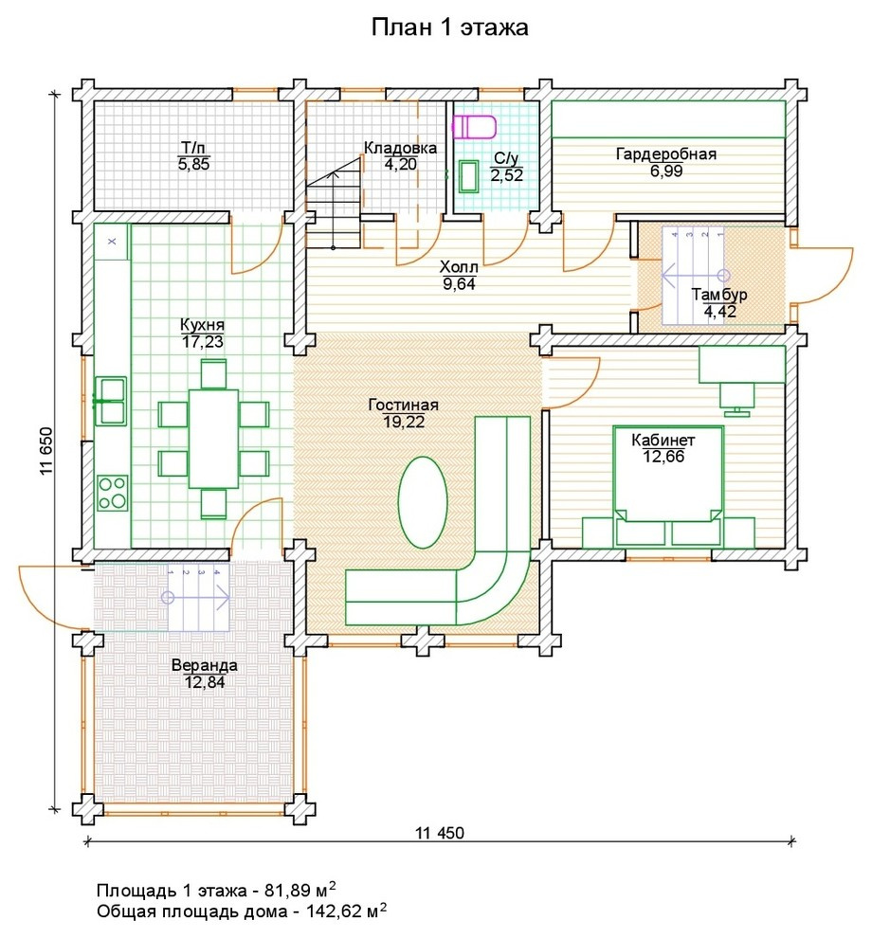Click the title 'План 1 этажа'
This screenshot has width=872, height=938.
449,27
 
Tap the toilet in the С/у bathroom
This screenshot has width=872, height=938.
474,127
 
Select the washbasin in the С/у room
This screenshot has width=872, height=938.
468,176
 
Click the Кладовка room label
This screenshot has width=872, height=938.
400,148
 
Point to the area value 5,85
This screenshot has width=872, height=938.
194,165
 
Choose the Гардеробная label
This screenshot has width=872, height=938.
666,153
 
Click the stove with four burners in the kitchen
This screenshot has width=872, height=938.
112,493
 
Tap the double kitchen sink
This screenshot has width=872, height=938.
111,401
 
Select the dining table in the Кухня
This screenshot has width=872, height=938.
213,439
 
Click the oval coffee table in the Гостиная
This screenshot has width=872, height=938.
423,502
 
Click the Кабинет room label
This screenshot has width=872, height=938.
663,441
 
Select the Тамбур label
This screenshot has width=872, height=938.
719,295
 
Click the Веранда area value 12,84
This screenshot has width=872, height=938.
205,682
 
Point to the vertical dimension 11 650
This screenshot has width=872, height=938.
46,451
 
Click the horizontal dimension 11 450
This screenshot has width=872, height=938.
440,833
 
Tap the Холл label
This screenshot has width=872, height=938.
459,267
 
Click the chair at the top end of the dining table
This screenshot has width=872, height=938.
213,374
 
